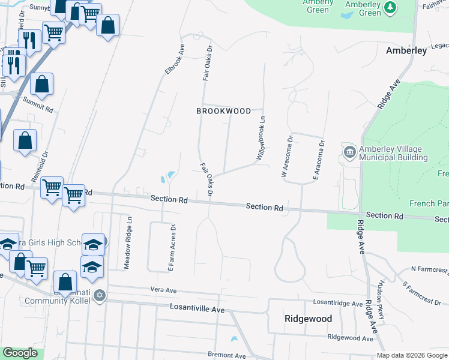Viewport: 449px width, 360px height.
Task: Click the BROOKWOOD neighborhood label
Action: (223, 111)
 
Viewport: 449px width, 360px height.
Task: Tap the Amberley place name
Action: (406, 50)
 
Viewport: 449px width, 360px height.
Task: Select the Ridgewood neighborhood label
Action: (308, 319)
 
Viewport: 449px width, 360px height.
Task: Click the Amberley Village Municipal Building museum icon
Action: (350, 150)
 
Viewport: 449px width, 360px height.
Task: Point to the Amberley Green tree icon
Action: (391, 7)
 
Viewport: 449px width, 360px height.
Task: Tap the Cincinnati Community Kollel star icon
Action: (100, 295)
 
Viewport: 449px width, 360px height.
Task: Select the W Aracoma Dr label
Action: (286, 156)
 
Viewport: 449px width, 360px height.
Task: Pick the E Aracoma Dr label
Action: (318, 160)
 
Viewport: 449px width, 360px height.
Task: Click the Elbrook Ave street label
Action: (174, 59)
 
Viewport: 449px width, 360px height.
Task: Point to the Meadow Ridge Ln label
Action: (128, 243)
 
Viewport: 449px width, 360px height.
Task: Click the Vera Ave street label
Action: (163, 290)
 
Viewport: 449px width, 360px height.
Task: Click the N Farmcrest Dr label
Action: (430, 270)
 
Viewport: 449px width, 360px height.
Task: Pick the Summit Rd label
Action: (38, 101)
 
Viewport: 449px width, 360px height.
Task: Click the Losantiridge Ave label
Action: (337, 304)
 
